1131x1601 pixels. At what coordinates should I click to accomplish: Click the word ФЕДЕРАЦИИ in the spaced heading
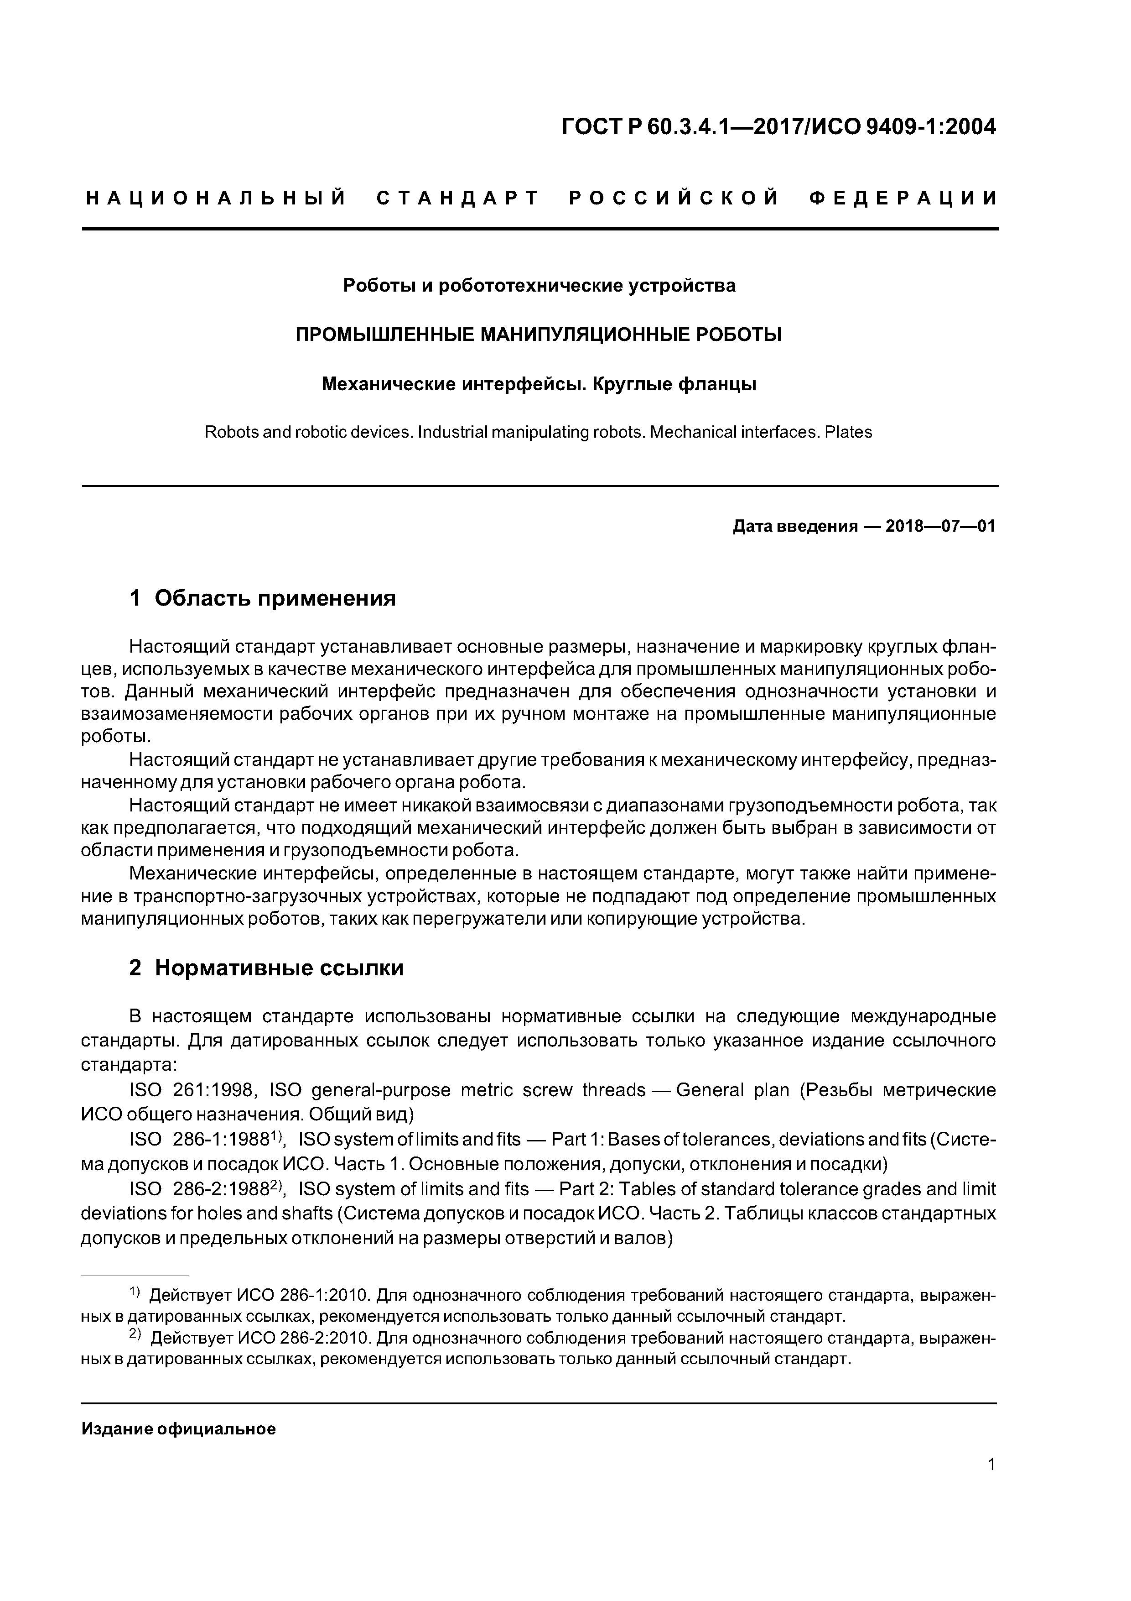point(903,199)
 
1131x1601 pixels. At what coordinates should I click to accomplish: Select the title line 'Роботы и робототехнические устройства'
point(539,286)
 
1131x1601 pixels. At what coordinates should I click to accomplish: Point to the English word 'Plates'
point(848,432)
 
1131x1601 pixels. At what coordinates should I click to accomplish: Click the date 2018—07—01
point(940,526)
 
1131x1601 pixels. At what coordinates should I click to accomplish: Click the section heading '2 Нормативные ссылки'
point(266,968)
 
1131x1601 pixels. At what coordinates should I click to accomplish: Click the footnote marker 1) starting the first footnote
point(135,1293)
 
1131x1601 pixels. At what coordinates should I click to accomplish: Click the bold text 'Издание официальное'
point(178,1429)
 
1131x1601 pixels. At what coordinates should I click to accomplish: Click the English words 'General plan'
point(732,1090)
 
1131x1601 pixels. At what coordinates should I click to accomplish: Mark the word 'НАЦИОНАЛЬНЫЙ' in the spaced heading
point(216,199)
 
